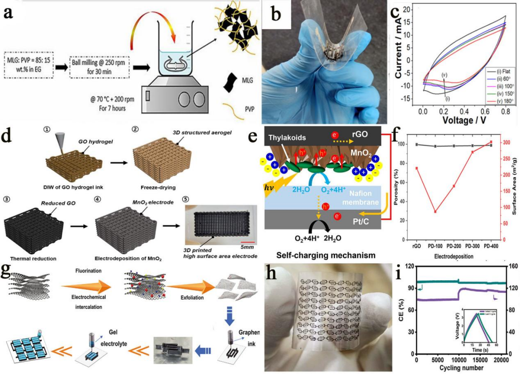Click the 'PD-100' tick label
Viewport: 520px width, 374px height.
(x=435, y=245)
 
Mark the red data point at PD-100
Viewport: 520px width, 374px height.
(x=435, y=211)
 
